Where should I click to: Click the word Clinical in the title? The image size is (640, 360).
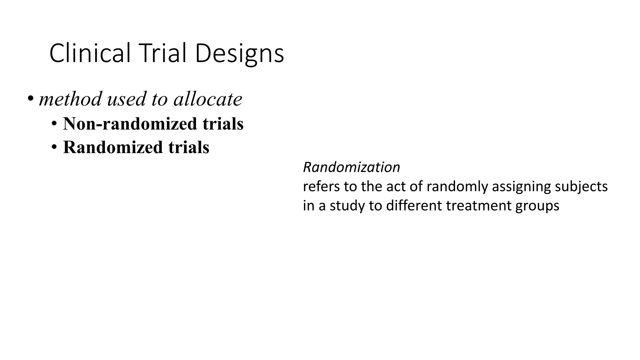click(90, 53)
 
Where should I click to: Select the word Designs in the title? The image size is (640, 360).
click(239, 54)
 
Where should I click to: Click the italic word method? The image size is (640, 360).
click(71, 99)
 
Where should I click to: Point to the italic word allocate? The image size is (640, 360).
click(208, 99)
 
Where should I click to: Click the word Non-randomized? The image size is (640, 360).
click(130, 124)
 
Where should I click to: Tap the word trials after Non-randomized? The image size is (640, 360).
click(223, 124)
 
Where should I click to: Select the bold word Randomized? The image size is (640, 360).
click(113, 147)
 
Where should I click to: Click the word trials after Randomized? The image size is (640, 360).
click(189, 147)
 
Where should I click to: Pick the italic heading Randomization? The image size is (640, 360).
click(351, 167)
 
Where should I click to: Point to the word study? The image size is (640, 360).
click(347, 206)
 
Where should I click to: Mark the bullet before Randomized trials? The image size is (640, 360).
click(54, 147)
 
